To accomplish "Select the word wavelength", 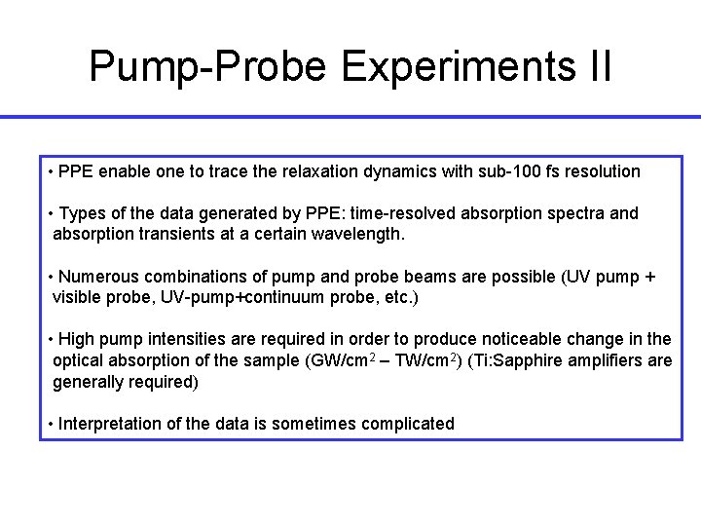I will (359, 234).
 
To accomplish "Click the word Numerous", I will (98, 277).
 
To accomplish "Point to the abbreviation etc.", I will (395, 297).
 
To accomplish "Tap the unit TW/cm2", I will (429, 359).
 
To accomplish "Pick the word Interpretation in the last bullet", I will (107, 423).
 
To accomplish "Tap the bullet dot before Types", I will (50, 213).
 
